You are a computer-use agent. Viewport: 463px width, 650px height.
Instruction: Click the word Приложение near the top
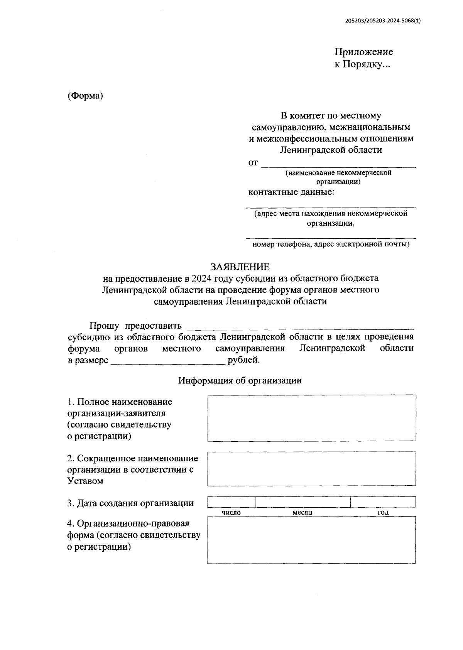pos(363,52)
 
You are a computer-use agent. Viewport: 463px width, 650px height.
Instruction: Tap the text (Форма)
pos(85,96)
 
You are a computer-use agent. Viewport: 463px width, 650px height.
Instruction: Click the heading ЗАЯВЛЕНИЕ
pos(240,267)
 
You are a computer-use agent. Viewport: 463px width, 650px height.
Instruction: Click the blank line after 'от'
pos(338,164)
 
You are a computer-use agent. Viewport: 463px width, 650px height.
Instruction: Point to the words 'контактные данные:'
pos(291,192)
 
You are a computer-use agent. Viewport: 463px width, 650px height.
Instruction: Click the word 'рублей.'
pos(244,360)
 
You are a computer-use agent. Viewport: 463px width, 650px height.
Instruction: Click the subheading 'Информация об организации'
pos(240,381)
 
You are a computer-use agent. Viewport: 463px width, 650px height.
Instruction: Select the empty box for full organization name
pos(312,418)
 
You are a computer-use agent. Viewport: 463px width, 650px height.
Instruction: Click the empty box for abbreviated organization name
pos(312,469)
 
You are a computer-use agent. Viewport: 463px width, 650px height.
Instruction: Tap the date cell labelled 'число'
pos(231,502)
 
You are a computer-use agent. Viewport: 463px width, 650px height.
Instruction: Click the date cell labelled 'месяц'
pos(302,502)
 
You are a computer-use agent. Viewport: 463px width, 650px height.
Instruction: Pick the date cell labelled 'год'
pos(383,502)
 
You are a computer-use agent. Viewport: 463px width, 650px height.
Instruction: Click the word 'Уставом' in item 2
pos(85,481)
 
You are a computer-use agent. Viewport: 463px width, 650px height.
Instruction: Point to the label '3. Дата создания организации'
pos(130,503)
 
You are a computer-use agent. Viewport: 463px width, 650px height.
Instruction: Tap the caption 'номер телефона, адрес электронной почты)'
pos(331,244)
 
